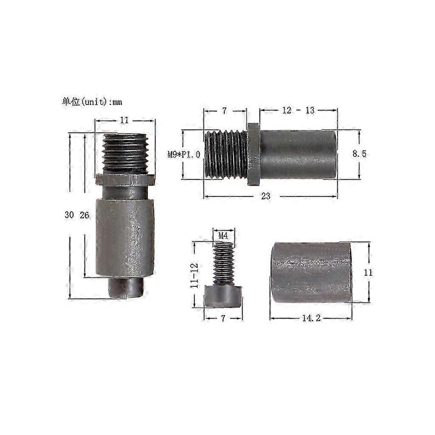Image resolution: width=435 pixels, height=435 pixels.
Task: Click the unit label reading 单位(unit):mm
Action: click(92, 102)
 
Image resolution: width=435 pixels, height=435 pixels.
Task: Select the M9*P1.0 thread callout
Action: click(184, 155)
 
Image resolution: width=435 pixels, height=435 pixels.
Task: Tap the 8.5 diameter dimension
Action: click(359, 153)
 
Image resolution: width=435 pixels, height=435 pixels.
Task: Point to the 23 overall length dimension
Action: click(266, 196)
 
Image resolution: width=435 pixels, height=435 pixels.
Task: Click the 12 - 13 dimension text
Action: click(298, 110)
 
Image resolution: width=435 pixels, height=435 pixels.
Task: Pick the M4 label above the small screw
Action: click(223, 236)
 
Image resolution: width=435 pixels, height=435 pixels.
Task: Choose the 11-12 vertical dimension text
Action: click(195, 275)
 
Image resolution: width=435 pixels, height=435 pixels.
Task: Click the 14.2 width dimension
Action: click(311, 318)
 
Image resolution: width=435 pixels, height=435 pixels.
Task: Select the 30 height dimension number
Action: click(69, 215)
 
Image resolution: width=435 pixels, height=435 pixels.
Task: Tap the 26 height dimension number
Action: click(85, 215)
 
